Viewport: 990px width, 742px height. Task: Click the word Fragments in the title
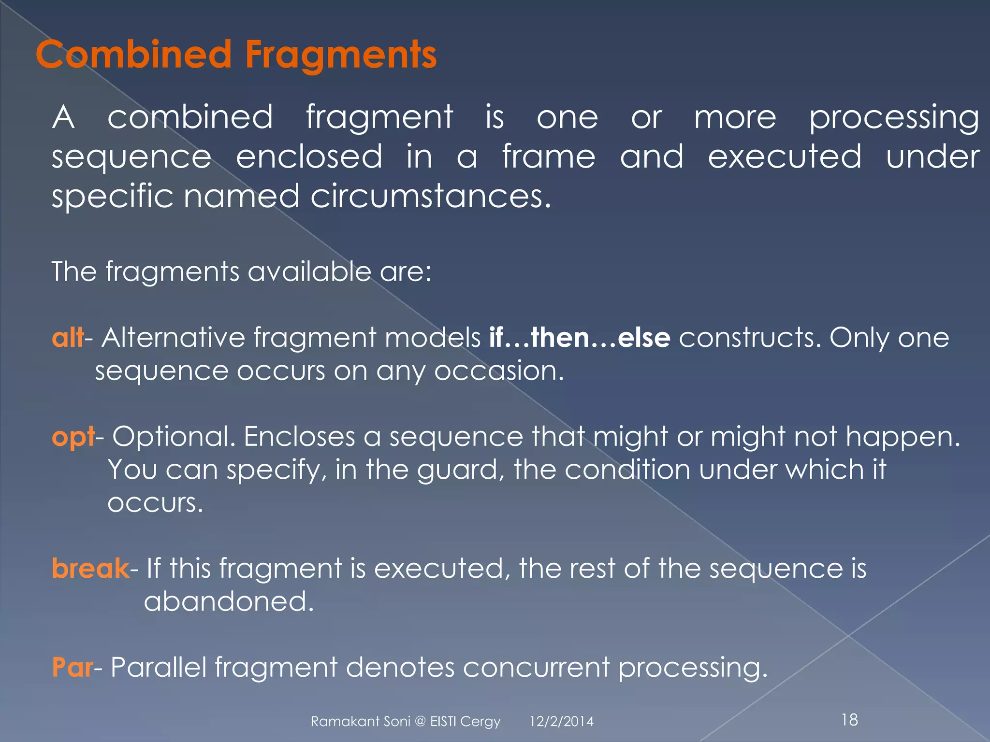point(341,55)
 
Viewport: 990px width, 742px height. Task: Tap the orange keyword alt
point(67,337)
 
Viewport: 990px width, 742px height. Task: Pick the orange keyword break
point(90,568)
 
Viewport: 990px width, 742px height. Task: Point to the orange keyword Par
point(72,667)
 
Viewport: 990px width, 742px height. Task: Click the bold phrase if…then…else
point(580,337)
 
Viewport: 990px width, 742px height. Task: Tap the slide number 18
point(849,720)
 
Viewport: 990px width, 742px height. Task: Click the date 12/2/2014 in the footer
point(561,722)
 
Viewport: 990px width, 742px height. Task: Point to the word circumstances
point(430,197)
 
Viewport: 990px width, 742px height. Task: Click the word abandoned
point(229,601)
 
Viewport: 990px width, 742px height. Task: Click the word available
point(309,271)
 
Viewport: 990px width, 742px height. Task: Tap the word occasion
point(499,371)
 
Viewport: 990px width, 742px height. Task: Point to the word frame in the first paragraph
point(549,157)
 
